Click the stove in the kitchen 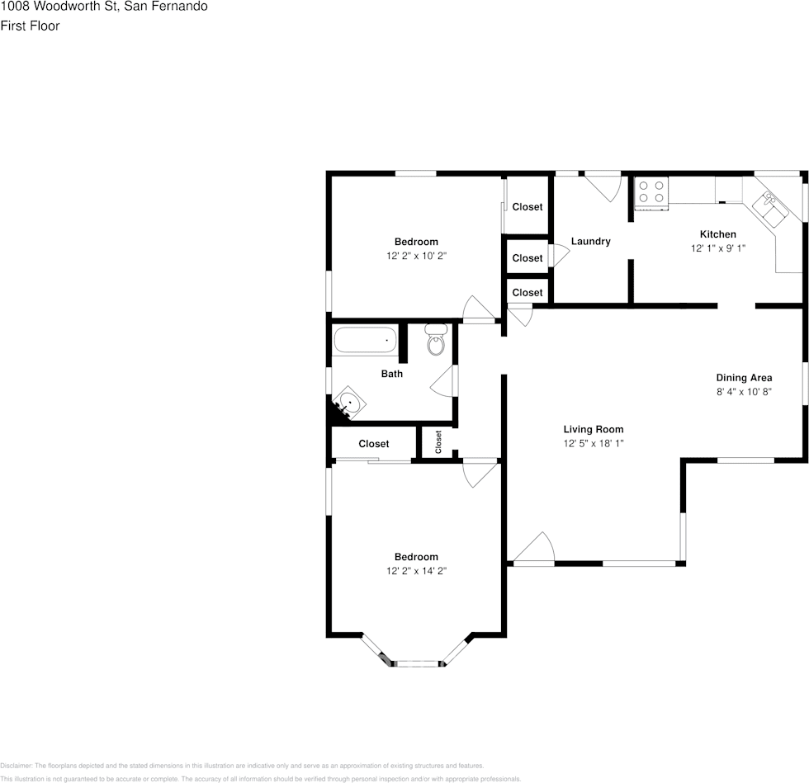651,191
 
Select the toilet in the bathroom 435,339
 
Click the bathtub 364,340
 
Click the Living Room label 593,429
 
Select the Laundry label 590,242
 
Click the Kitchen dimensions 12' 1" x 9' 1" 718,248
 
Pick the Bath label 392,374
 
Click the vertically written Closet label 438,442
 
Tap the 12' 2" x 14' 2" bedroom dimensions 416,571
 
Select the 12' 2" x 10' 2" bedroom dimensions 416,256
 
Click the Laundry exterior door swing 604,187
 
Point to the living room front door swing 535,548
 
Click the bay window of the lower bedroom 417,662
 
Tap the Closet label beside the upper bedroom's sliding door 528,207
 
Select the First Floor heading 30,26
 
